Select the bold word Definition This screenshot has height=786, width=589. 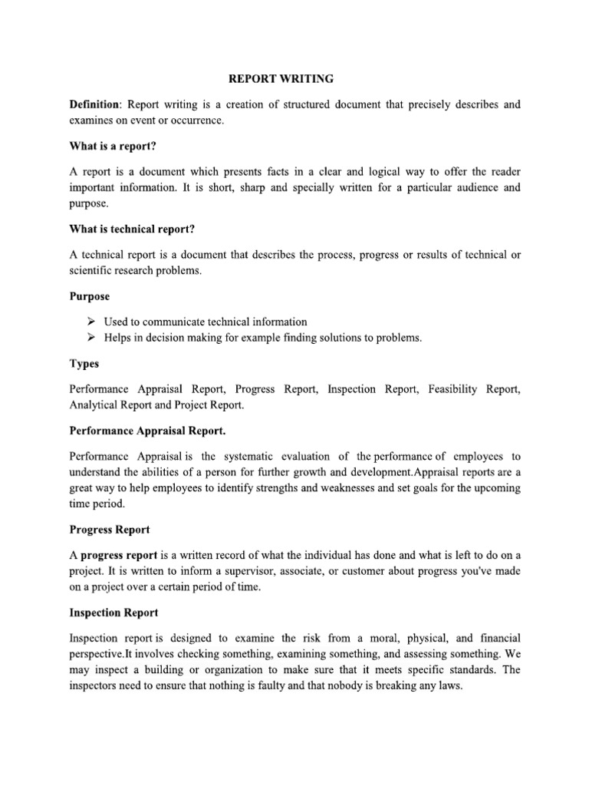[94, 104]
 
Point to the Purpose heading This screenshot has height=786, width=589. [90, 296]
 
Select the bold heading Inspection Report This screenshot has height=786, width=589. [114, 613]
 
